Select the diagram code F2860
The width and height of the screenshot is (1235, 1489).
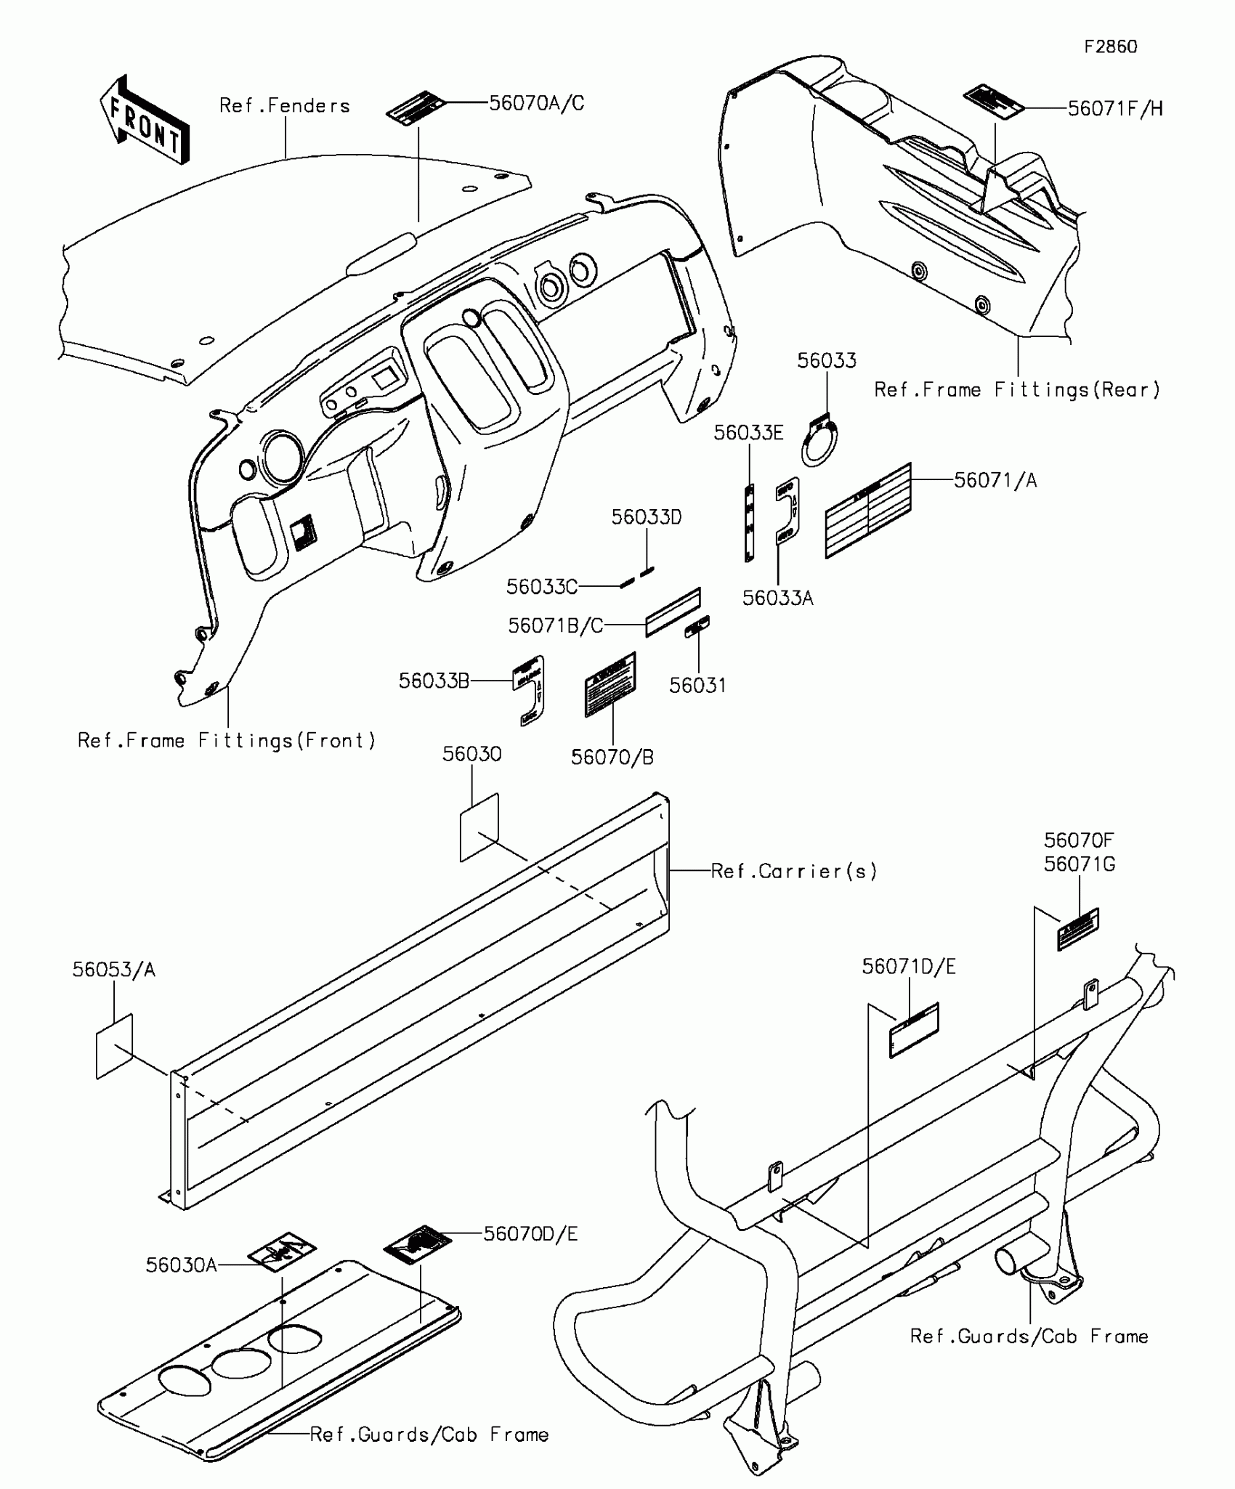point(1110,47)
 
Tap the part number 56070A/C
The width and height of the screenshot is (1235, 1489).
point(536,103)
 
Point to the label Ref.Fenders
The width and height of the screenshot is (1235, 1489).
point(285,106)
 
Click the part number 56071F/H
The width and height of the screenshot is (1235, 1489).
point(1115,109)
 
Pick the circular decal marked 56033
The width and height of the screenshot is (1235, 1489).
point(821,442)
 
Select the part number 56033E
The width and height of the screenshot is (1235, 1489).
point(748,433)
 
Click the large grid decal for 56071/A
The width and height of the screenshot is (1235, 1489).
point(867,510)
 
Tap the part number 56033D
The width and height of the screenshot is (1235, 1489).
point(647,517)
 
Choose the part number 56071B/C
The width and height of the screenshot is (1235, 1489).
point(556,625)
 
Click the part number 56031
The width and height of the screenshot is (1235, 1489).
point(697,685)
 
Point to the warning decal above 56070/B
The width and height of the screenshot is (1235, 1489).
point(610,684)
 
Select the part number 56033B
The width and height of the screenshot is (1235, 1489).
point(434,681)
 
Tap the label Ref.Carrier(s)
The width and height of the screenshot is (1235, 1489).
point(794,871)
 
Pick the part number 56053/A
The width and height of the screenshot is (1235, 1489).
point(114,970)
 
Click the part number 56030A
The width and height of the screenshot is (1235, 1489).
point(181,1265)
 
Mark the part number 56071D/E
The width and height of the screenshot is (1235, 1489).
point(909,966)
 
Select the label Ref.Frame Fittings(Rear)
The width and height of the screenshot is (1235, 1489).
point(1017,390)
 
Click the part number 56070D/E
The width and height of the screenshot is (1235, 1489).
point(530,1234)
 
